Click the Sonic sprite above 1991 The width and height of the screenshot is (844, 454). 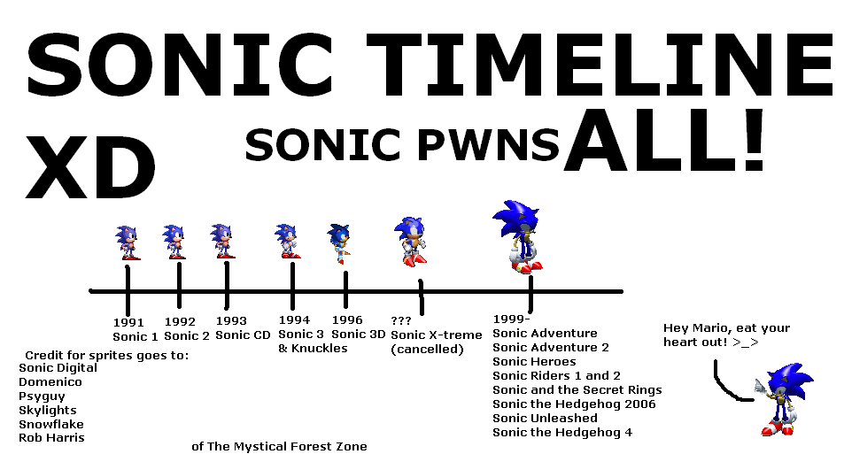128,242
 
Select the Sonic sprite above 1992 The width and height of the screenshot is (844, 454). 174,242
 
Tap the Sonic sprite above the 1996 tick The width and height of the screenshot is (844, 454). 339,243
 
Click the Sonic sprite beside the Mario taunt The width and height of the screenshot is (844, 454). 783,399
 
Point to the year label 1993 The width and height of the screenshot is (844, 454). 231,321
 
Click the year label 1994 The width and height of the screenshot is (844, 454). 293,319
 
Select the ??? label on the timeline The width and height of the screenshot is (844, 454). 401,320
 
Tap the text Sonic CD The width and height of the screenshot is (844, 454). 244,335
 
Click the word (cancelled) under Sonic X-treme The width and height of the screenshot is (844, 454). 427,349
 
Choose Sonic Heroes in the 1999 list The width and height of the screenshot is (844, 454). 534,361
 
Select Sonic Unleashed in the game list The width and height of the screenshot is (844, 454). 545,418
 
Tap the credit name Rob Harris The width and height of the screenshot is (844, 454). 51,438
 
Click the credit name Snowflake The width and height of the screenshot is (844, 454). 50,424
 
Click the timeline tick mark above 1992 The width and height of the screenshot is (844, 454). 179,283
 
